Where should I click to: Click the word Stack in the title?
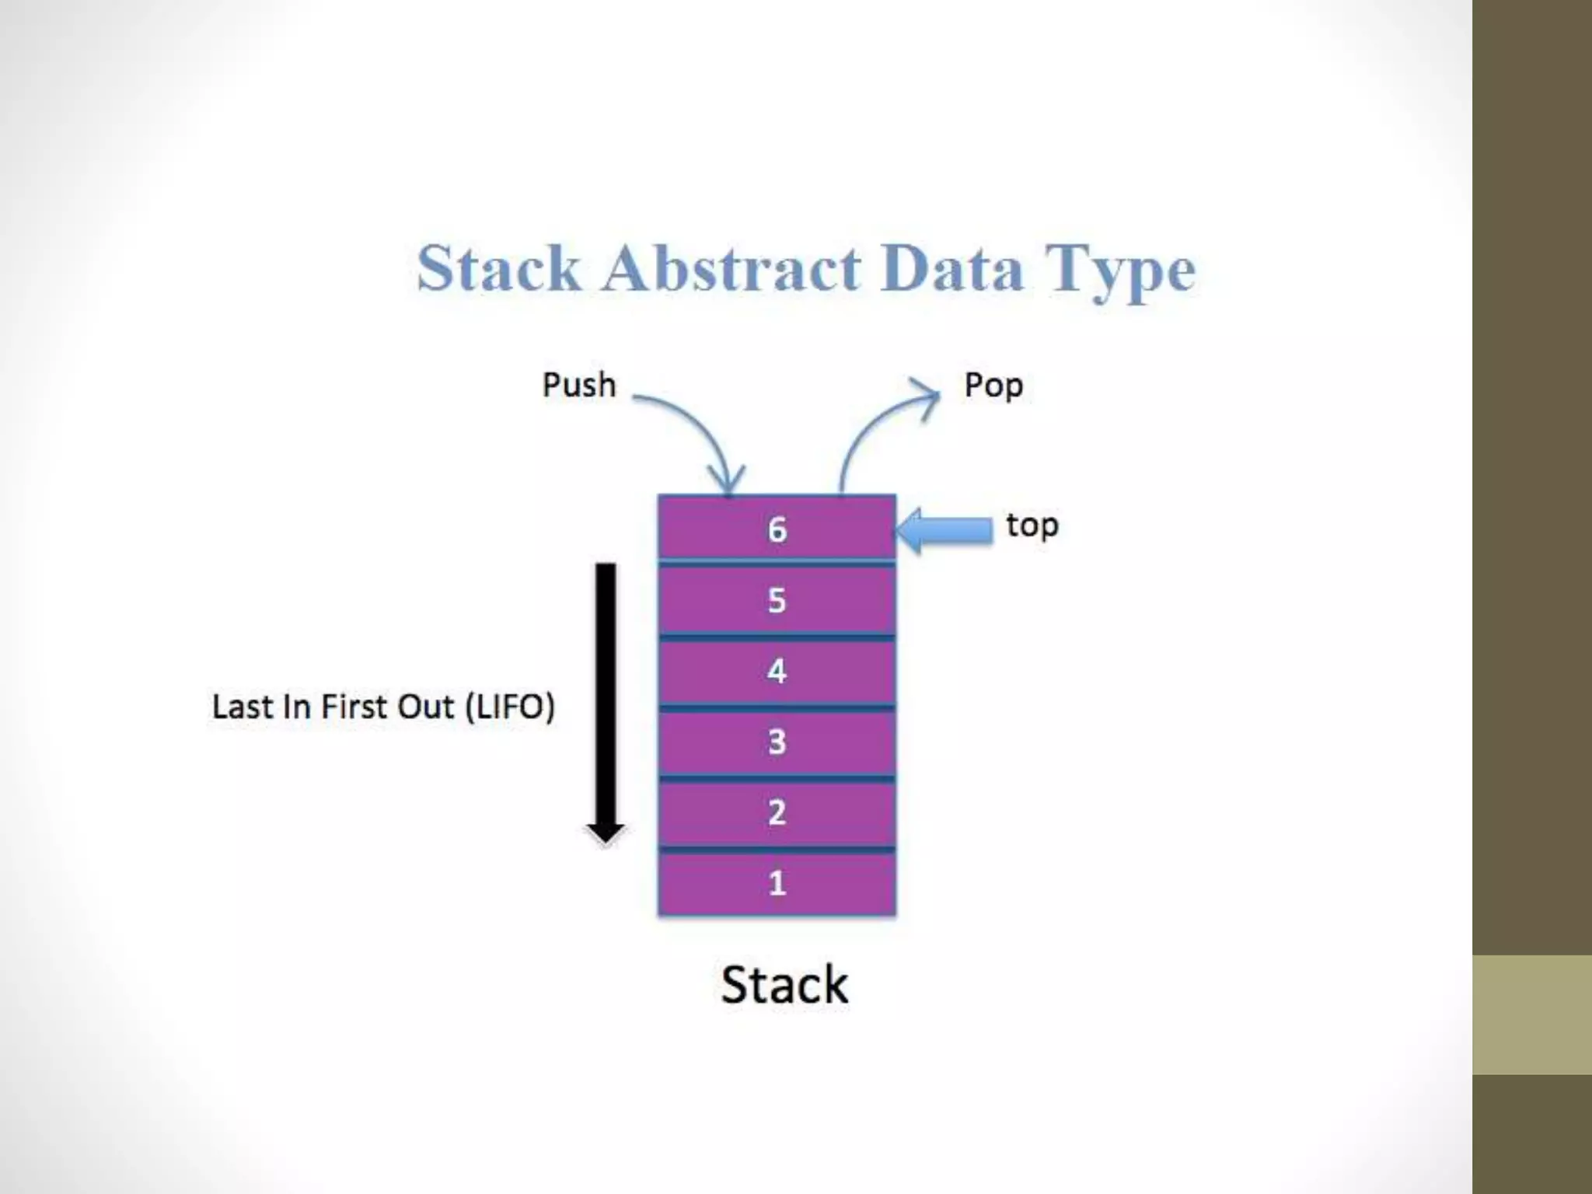click(x=498, y=268)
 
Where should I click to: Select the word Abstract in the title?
click(x=731, y=268)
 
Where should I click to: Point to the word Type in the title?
click(x=1119, y=271)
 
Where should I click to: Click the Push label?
click(x=579, y=385)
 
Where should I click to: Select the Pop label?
click(x=993, y=386)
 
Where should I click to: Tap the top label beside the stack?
click(x=1032, y=526)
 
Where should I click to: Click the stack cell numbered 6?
click(x=777, y=529)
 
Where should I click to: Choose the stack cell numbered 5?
click(x=777, y=600)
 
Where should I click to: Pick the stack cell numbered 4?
click(x=777, y=671)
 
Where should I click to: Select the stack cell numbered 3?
click(x=777, y=742)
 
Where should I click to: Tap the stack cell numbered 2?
click(x=777, y=812)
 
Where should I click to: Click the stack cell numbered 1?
click(x=777, y=883)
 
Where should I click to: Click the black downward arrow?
click(x=606, y=700)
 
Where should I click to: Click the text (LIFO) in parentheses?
click(x=510, y=707)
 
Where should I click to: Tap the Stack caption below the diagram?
click(x=784, y=985)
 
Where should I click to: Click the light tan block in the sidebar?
click(x=1532, y=1014)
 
